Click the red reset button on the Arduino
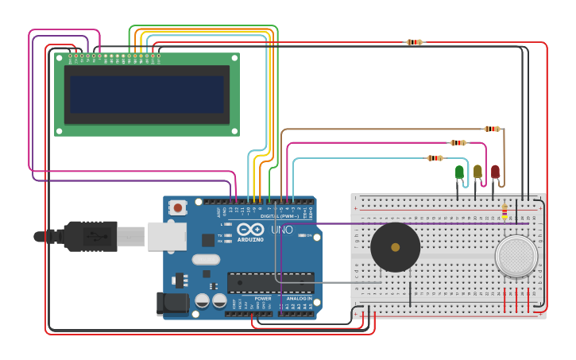click(x=178, y=207)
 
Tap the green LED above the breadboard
click(x=459, y=172)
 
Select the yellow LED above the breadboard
click(x=477, y=171)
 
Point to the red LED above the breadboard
click(x=495, y=171)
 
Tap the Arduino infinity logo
click(x=249, y=230)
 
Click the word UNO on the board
click(x=282, y=230)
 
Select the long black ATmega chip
click(x=270, y=283)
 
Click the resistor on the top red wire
click(x=414, y=42)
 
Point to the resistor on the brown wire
click(x=493, y=129)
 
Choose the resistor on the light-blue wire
click(x=435, y=158)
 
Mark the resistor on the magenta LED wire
click(x=458, y=143)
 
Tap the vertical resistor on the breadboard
click(x=504, y=211)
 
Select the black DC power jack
click(x=172, y=302)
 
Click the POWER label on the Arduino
click(x=263, y=298)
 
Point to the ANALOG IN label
click(x=299, y=298)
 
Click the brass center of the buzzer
click(x=395, y=247)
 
